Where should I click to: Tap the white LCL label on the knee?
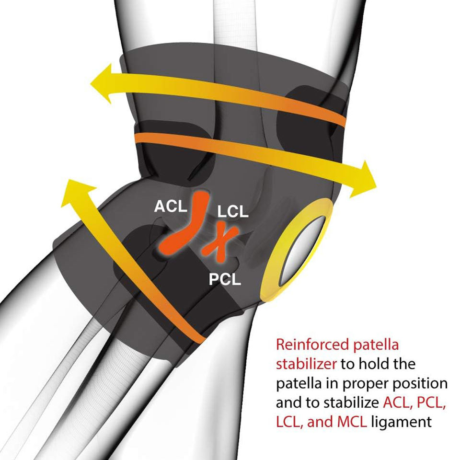tap(233, 211)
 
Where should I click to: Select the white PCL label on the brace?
tap(225, 279)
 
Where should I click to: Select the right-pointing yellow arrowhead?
tap(364, 180)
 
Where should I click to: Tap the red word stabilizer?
tap(306, 364)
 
